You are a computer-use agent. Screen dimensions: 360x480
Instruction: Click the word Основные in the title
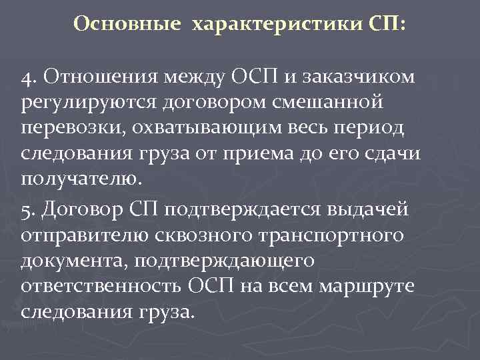[x=127, y=24]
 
